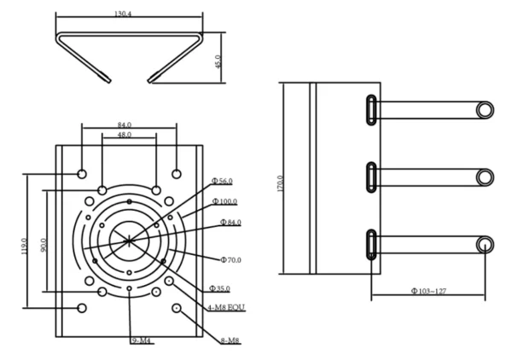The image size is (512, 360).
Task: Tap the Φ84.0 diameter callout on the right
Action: pyautogui.click(x=230, y=222)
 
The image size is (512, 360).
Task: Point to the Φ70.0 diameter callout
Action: pyautogui.click(x=230, y=258)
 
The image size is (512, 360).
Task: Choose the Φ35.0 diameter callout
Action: pyautogui.click(x=220, y=289)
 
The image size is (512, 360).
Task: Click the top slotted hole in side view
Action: pyautogui.click(x=372, y=110)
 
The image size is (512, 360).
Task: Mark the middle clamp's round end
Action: pyautogui.click(x=485, y=177)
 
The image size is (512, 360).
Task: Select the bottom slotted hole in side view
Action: pyautogui.click(x=372, y=245)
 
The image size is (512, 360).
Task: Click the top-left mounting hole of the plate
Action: pyautogui.click(x=82, y=173)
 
